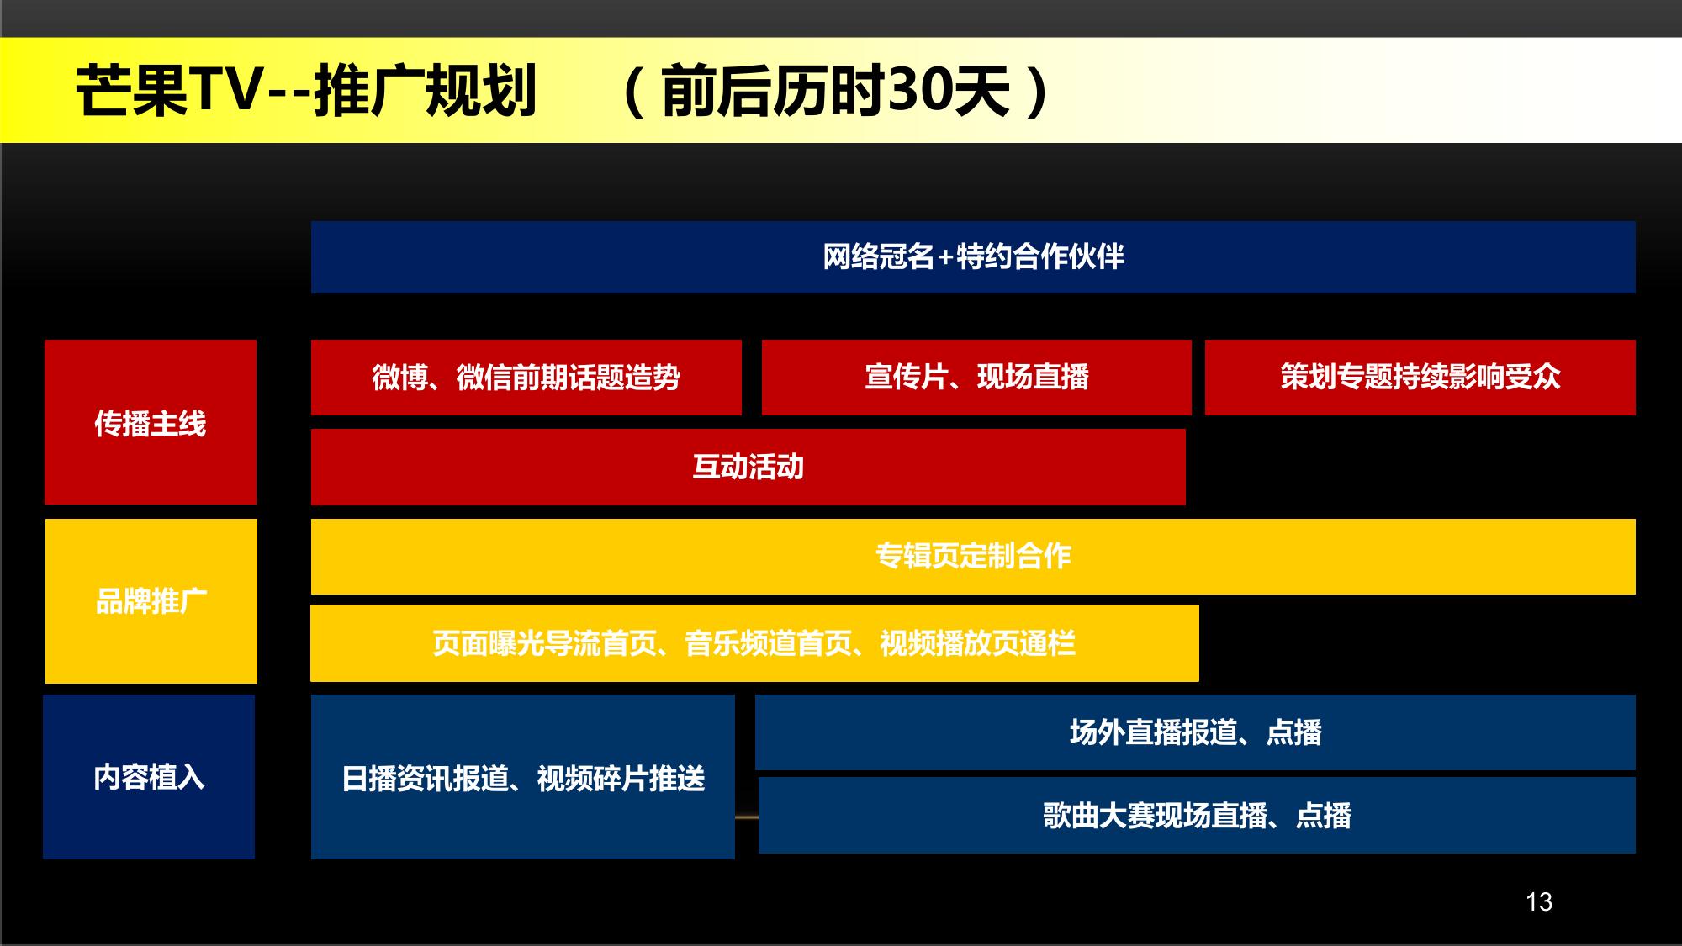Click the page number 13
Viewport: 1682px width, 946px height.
(x=1539, y=902)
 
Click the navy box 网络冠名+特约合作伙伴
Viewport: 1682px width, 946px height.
(x=973, y=257)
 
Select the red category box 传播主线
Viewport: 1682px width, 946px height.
(x=151, y=422)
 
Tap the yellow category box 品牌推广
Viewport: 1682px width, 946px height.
(x=151, y=601)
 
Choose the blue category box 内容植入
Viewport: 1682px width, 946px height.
(x=149, y=777)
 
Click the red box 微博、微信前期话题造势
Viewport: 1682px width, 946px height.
(x=526, y=378)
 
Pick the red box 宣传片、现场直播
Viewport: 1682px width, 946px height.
(x=976, y=378)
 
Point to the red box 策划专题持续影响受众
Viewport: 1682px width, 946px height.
(x=1420, y=378)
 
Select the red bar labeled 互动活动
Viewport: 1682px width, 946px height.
(x=748, y=468)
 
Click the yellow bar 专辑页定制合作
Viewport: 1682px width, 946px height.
(x=973, y=557)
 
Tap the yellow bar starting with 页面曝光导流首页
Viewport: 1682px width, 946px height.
(x=754, y=643)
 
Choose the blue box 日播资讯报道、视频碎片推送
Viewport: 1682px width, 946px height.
(x=523, y=777)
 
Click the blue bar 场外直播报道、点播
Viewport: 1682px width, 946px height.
(x=1195, y=732)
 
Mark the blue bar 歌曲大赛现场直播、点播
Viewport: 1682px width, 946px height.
(x=1197, y=816)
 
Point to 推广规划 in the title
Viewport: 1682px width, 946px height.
(x=426, y=91)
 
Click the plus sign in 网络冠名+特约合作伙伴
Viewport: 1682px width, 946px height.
(x=944, y=257)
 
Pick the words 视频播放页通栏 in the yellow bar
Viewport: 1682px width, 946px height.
(x=977, y=644)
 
